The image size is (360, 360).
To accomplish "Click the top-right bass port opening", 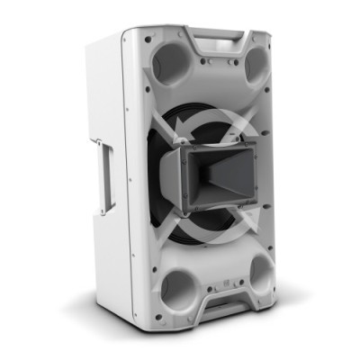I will (x=255, y=65).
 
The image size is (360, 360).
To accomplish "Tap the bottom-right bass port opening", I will (x=261, y=271).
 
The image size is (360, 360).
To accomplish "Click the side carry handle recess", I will (x=107, y=176).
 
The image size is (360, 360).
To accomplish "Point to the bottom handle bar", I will (x=225, y=310).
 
